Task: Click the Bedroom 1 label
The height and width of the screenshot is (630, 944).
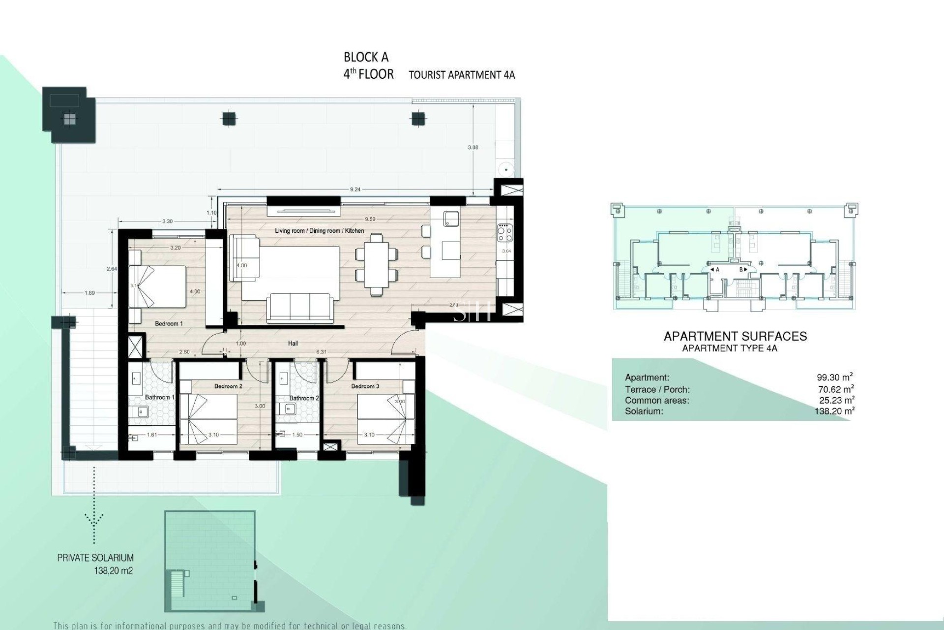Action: [169, 323]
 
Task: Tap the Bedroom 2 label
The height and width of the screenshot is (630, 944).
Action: [228, 386]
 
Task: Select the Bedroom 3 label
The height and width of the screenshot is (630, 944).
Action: [365, 386]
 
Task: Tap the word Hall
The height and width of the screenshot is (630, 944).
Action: [293, 344]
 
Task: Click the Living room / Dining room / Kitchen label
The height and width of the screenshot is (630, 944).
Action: [320, 231]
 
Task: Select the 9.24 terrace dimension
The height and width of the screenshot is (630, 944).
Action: [355, 189]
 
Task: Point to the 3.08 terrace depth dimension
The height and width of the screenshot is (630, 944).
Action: [472, 147]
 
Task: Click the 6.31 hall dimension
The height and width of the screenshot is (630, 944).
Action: [321, 352]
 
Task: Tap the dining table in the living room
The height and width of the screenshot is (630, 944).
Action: [376, 264]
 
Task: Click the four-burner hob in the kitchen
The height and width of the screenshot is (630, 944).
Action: [505, 233]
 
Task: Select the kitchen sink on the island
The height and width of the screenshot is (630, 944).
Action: [450, 218]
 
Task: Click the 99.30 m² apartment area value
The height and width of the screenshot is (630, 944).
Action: [834, 378]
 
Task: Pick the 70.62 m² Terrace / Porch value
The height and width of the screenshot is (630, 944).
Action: [835, 389]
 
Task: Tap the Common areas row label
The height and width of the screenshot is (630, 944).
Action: [657, 401]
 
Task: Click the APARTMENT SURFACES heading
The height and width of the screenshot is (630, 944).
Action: [735, 337]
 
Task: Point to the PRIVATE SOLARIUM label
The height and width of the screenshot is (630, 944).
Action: [95, 558]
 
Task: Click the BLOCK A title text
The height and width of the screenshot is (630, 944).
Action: [366, 58]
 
